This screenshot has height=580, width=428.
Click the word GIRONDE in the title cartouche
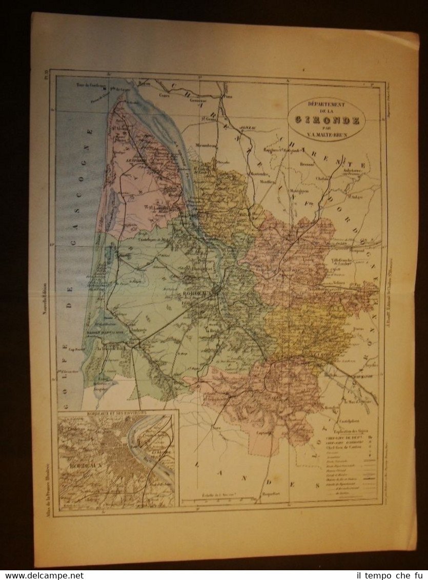tap(327, 120)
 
